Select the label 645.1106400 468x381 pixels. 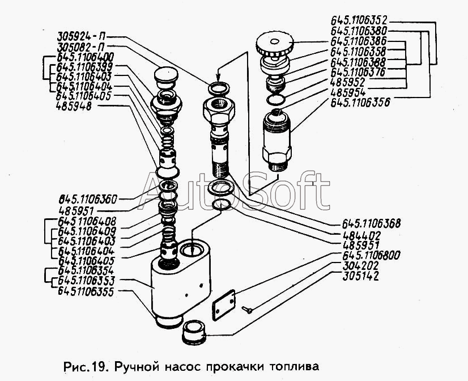click(85, 57)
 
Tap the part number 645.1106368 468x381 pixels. click(371, 223)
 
